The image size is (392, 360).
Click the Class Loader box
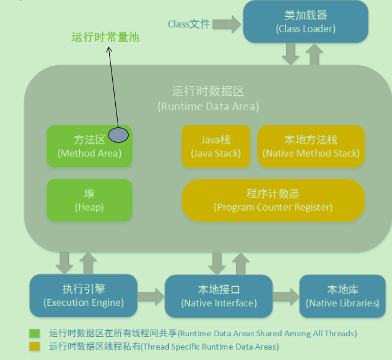tap(305, 22)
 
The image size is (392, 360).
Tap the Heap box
tap(89, 200)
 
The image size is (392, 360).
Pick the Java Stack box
tap(215, 147)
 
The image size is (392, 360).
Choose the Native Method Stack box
tap(311, 147)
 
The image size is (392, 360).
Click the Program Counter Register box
tap(273, 200)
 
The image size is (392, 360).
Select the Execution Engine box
tap(84, 295)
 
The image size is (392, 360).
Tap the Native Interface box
tap(219, 296)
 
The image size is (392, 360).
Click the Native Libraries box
tap(342, 296)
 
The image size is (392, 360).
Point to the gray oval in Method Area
tap(118, 135)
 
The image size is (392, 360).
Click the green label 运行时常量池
tap(105, 37)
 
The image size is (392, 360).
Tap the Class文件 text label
tap(189, 24)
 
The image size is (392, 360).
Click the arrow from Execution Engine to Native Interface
tap(151, 297)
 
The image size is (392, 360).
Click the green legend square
tap(35, 333)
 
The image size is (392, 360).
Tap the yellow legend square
tap(35, 346)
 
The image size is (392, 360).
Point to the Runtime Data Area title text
tap(208, 99)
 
